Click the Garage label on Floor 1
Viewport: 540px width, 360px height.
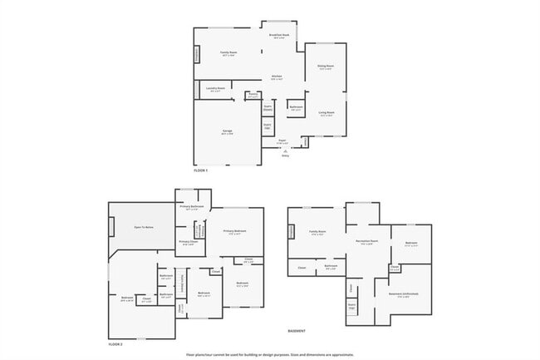(227, 132)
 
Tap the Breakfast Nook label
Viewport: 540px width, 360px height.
(278, 36)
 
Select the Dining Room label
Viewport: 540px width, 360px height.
(325, 67)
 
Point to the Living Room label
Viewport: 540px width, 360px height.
(326, 113)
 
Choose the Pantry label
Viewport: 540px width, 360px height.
(253, 96)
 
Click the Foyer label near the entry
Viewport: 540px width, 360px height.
(282, 141)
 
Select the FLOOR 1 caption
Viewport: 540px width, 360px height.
(200, 170)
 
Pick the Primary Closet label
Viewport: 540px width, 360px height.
(188, 243)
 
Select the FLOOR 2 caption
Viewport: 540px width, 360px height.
(115, 343)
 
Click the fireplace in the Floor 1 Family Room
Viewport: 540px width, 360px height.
(197, 55)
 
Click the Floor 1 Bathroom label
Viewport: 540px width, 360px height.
(296, 108)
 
